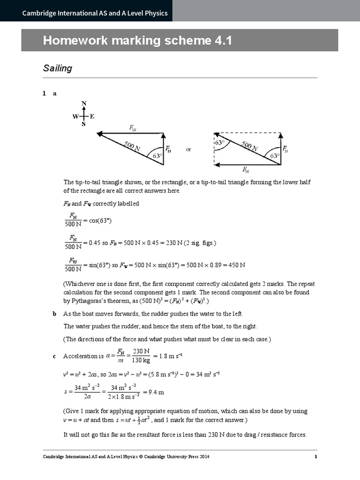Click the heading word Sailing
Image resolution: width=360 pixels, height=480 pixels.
[58, 68]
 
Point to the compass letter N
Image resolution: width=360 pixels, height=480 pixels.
[84, 103]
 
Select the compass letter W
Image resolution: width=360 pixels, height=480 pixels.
[75, 117]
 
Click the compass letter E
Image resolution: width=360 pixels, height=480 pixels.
[92, 117]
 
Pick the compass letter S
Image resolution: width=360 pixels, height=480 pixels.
[84, 125]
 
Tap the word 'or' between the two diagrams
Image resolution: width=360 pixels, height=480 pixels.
[188, 150]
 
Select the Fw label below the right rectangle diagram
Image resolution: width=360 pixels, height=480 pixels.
[246, 170]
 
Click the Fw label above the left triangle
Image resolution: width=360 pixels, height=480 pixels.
[133, 127]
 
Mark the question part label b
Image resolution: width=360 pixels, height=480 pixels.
[55, 314]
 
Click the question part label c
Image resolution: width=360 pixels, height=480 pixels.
[55, 356]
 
